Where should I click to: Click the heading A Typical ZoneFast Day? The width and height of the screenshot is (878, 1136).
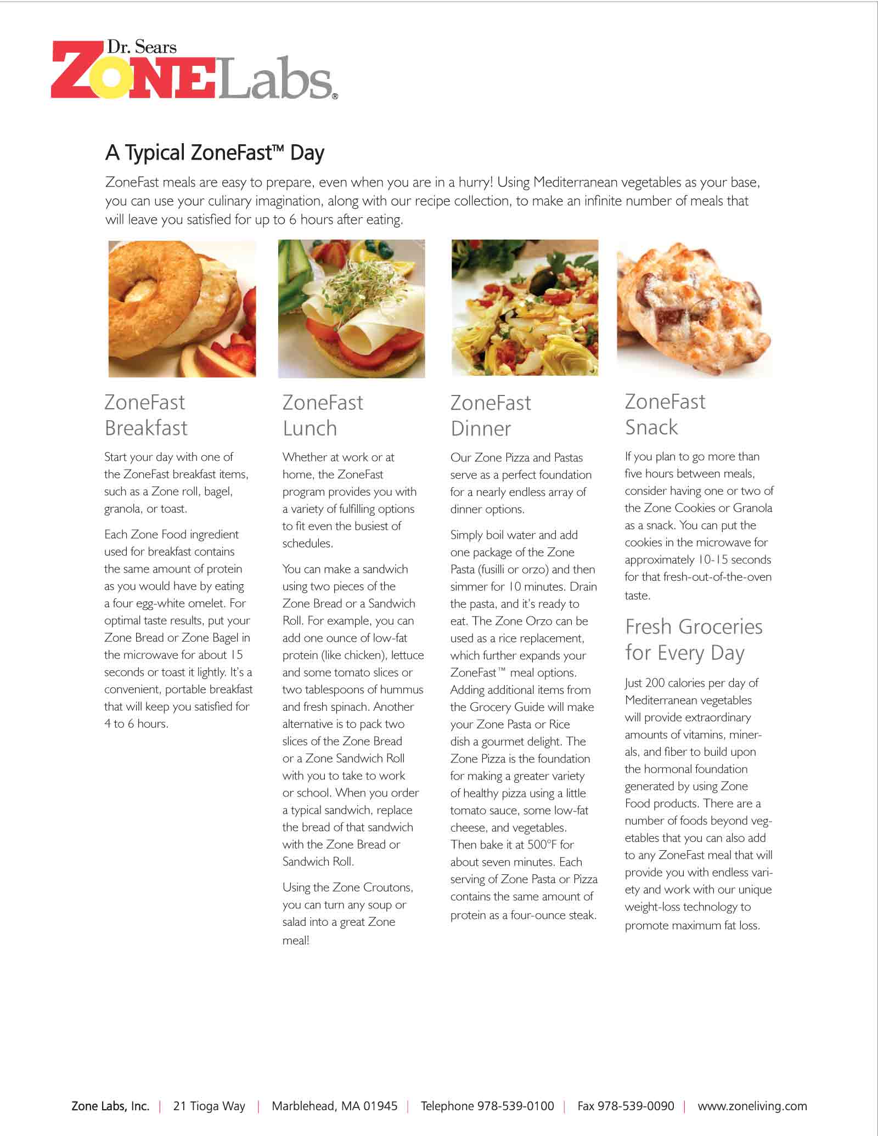click(x=215, y=152)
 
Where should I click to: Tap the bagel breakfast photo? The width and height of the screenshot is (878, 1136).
click(x=182, y=309)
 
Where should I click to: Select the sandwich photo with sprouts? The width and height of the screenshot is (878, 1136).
click(x=351, y=309)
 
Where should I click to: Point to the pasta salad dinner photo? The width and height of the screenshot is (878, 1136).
click(x=525, y=308)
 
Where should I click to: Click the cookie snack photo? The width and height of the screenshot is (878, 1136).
click(x=694, y=309)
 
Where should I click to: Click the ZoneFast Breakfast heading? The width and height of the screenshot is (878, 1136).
click(x=146, y=415)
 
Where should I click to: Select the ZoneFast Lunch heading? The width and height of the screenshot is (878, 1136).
click(x=323, y=415)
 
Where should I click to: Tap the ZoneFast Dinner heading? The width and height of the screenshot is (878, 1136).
click(x=491, y=415)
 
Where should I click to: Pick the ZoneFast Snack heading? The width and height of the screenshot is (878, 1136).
click(x=665, y=414)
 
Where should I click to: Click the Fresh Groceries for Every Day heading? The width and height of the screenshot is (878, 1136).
click(x=694, y=640)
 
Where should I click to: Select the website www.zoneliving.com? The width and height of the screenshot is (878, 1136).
click(x=752, y=1106)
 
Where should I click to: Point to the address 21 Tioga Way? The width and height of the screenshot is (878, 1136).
click(x=209, y=1106)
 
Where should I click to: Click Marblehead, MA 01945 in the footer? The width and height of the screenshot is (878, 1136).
click(x=334, y=1106)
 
